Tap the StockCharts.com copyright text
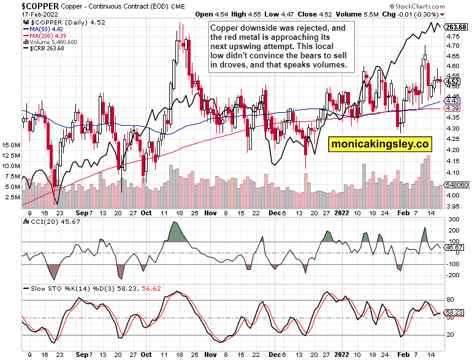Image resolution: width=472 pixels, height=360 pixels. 440,5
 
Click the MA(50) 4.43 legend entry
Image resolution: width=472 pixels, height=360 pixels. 42,29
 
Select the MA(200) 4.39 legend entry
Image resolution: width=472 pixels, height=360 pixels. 44,36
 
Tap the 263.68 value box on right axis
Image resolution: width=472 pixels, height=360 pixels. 457,27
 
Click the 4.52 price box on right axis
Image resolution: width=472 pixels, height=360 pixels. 453,82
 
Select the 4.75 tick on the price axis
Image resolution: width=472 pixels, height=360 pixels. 453,37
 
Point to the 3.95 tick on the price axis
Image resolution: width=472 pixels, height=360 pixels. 453,206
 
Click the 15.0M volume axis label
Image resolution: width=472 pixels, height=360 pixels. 12,145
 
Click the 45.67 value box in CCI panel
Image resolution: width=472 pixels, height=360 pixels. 454,247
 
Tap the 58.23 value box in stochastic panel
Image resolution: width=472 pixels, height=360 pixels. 454,312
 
